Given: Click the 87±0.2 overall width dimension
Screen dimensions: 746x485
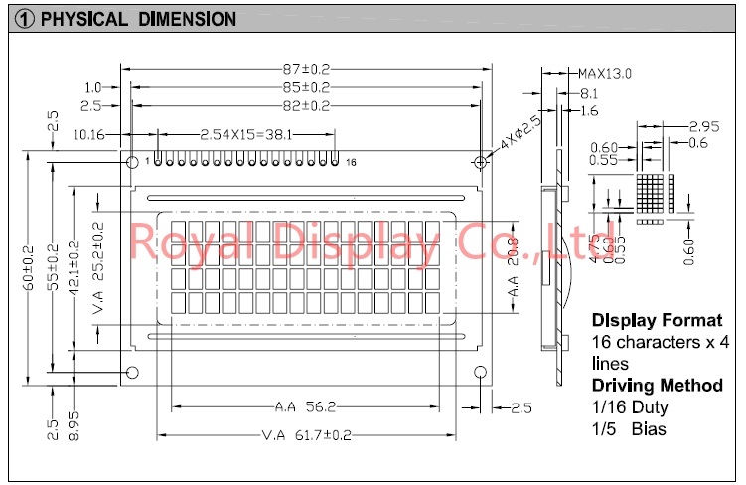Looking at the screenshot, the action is (306, 69).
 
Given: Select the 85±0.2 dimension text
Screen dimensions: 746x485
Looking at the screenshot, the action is (306, 87).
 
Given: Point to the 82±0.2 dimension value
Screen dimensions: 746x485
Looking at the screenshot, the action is (306, 105).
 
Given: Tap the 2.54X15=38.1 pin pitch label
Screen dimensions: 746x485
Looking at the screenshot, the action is (246, 135).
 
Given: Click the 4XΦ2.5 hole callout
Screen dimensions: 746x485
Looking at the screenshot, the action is (521, 133).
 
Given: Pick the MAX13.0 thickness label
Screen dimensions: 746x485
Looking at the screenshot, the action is (605, 74).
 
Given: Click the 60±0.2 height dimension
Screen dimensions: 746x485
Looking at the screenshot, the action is (29, 268).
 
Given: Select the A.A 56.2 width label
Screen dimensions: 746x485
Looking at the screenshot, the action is (305, 406).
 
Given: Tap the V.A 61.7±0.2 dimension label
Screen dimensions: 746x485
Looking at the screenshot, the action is (306, 435).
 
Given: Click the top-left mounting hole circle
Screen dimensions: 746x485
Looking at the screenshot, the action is (132, 162).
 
